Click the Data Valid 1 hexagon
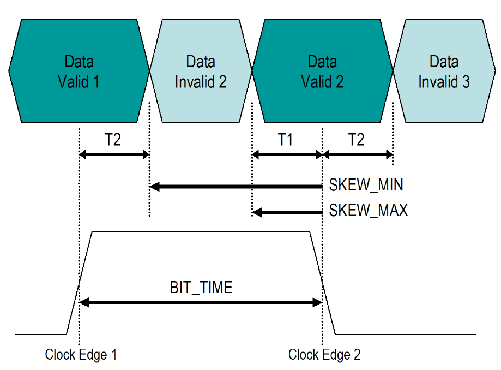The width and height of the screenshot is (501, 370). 79,71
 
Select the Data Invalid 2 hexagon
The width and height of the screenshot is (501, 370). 201,71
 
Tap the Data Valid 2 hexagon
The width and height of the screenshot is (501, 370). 322,71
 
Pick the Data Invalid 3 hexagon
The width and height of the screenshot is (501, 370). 444,71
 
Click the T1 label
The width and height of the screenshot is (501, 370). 286,140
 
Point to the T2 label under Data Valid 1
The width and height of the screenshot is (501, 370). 113,140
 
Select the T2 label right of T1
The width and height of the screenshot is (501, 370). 356,140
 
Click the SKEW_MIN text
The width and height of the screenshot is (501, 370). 366,186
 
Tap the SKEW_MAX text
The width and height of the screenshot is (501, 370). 369,210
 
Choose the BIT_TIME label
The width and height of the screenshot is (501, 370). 201,287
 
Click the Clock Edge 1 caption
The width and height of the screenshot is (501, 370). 81,355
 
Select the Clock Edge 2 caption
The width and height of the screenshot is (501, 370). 324,355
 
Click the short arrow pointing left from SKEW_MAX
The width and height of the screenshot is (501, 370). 287,211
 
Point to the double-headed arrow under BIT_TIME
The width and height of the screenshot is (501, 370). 201,302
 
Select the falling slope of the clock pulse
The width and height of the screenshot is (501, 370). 323,283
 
